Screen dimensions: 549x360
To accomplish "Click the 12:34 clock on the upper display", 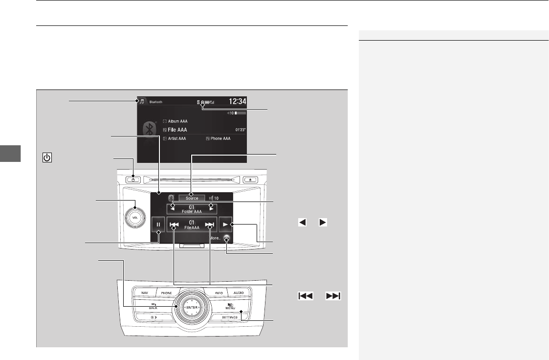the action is pyautogui.click(x=238, y=102).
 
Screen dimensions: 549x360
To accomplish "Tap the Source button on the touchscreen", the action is pyautogui.click(x=192, y=198).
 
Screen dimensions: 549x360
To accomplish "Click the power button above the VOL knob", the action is pyautogui.click(x=132, y=180).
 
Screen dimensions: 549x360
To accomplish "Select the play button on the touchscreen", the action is pyautogui.click(x=225, y=225).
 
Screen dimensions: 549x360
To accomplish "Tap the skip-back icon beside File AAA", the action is pyautogui.click(x=173, y=225).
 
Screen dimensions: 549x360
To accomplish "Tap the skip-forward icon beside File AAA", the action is pyautogui.click(x=210, y=225).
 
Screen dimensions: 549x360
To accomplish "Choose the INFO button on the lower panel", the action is pyautogui.click(x=219, y=292).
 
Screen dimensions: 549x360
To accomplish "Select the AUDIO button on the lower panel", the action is pyautogui.click(x=239, y=292).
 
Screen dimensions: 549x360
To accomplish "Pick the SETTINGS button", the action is pyautogui.click(x=230, y=317).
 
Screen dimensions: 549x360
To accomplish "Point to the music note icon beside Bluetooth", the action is pyautogui.click(x=142, y=102).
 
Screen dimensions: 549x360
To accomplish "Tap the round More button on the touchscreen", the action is pyautogui.click(x=226, y=239).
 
